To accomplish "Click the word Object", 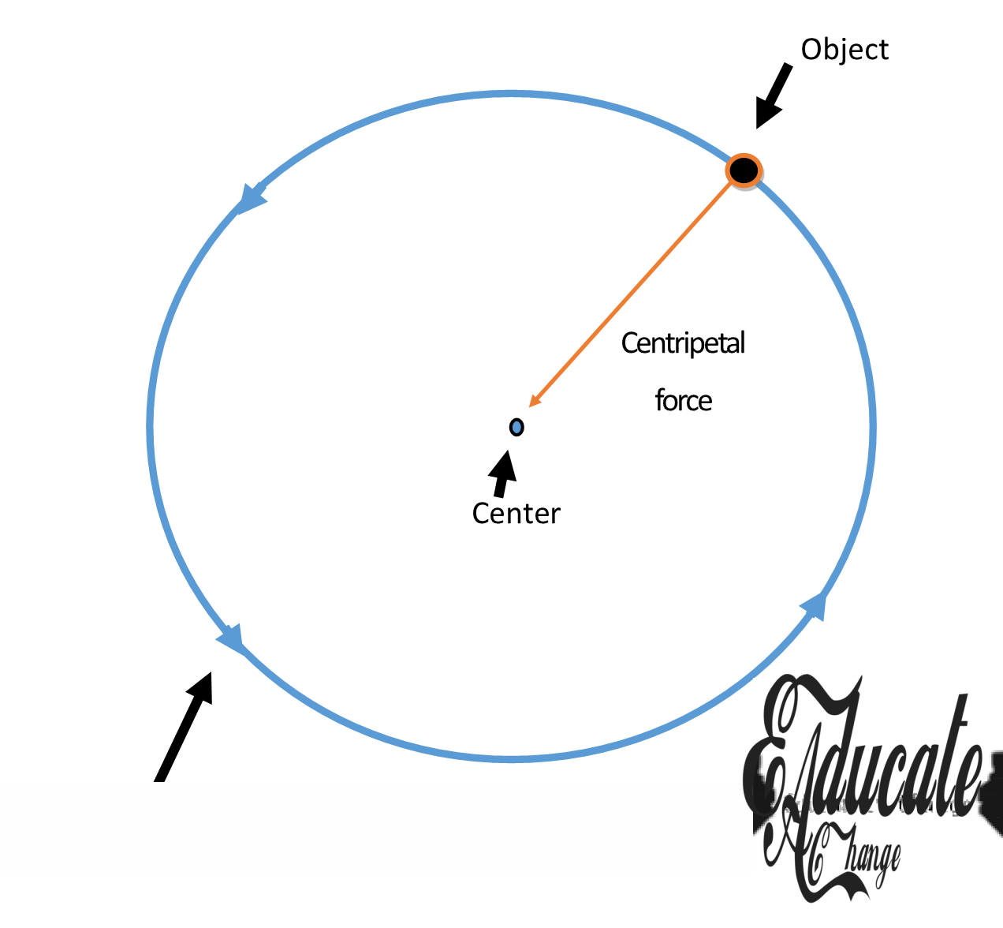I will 845,50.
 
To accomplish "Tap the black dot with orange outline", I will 743,170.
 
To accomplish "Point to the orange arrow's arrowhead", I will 534,402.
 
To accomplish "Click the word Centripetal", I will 683,343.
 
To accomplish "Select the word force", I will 684,401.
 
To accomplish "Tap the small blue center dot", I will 516,427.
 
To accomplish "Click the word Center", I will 516,514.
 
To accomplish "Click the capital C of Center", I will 480,514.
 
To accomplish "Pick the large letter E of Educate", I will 777,758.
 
